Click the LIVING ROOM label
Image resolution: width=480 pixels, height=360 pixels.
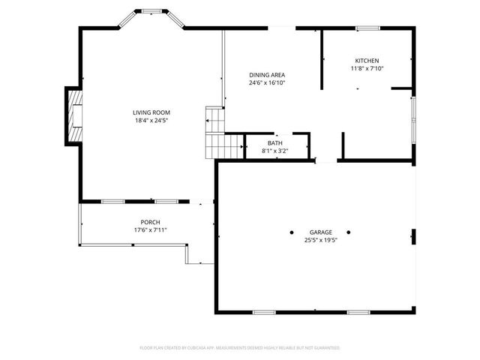click(x=151, y=112)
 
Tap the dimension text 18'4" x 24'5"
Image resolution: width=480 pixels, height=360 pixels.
click(x=151, y=120)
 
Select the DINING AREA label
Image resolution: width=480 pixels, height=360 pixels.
click(x=267, y=74)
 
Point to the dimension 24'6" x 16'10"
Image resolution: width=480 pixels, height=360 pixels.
click(x=267, y=82)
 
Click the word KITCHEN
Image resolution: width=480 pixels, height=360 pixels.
click(x=367, y=61)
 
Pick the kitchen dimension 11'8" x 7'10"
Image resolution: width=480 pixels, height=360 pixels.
click(x=367, y=69)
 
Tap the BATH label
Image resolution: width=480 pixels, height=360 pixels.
click(x=274, y=142)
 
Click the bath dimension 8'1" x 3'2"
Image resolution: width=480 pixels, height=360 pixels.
click(x=274, y=151)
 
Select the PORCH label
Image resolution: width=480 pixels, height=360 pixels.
click(x=150, y=222)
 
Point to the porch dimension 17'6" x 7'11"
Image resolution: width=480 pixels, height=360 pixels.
click(x=150, y=230)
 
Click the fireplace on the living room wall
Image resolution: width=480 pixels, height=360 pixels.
click(x=73, y=115)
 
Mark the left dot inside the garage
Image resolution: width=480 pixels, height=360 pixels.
click(x=292, y=232)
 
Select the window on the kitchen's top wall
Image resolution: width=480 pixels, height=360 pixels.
click(x=367, y=28)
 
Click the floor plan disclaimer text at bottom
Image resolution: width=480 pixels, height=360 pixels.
click(x=240, y=348)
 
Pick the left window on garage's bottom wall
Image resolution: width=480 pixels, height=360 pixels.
click(x=264, y=311)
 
